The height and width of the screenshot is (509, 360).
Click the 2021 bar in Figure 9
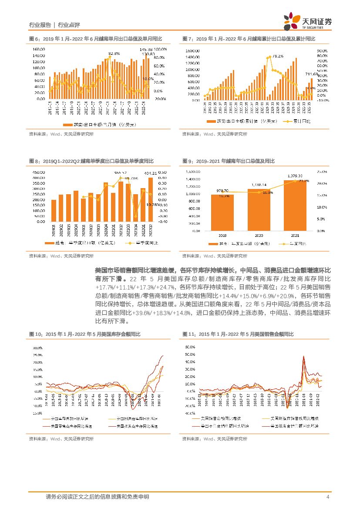[295, 206]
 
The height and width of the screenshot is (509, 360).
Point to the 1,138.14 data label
[259, 185]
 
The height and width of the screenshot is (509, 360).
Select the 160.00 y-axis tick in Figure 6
[39, 49]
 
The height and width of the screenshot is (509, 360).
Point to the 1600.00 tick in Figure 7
[192, 51]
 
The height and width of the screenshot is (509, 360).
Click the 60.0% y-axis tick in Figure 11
[190, 347]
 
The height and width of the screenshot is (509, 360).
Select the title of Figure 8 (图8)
[91, 161]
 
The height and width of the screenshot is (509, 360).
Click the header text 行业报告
[40, 25]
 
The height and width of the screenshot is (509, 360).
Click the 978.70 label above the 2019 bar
[222, 190]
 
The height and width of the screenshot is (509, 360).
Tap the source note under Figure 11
[214, 439]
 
